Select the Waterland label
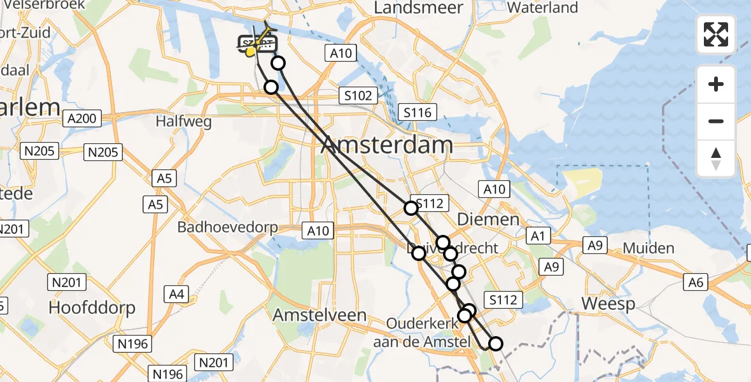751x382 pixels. coord(543,8)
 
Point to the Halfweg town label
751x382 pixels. coord(184,122)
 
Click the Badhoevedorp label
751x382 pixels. coord(235,227)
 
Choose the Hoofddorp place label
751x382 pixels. coord(92,308)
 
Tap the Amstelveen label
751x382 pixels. coord(319,315)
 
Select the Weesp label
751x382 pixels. coord(608,304)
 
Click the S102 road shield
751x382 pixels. coord(358,95)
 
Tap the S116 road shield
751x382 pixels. coord(418,113)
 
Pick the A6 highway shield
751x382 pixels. coord(696,281)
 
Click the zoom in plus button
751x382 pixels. coord(716,84)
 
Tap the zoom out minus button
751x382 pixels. coord(716,121)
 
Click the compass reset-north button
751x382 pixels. coord(716,159)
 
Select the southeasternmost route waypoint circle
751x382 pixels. coord(495,344)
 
